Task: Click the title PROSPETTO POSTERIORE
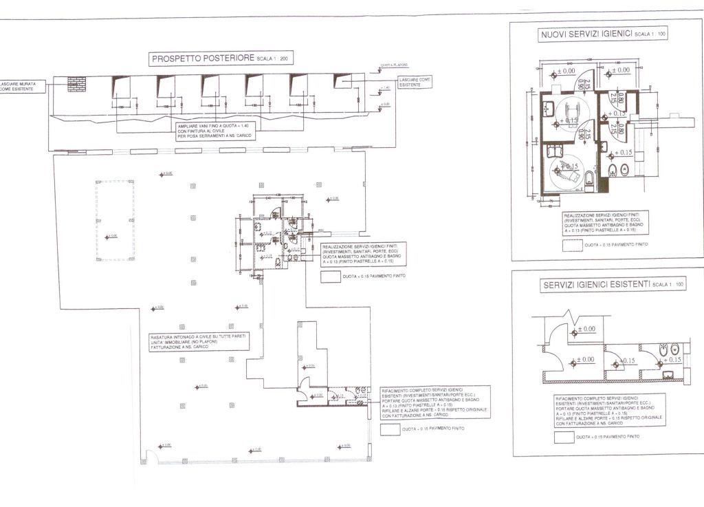click(x=203, y=59)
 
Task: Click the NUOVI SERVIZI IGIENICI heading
click(x=585, y=34)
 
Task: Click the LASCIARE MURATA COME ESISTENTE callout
click(x=23, y=87)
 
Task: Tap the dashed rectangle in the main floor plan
click(x=115, y=220)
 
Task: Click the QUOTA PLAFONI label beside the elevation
click(x=394, y=67)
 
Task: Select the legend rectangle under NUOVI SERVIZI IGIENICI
click(x=572, y=245)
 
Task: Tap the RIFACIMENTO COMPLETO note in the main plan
click(x=434, y=403)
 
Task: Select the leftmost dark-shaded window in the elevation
click(x=121, y=86)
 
